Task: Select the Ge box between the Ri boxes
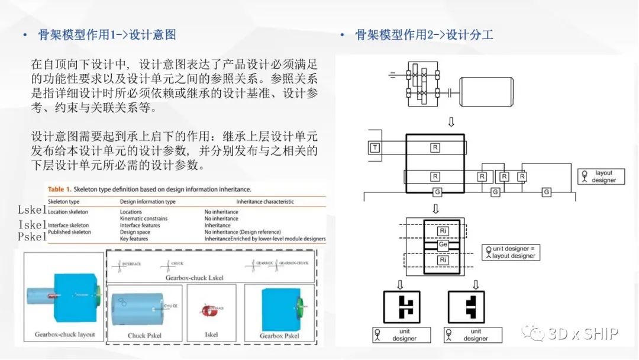443,245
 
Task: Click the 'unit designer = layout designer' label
509,252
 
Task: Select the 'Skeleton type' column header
63,202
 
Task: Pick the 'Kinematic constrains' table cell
143,218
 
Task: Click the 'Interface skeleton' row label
68,226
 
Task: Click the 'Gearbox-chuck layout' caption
64,335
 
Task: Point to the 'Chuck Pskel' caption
144,336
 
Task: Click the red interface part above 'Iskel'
211,309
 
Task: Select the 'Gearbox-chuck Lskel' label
195,278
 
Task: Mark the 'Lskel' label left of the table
32,210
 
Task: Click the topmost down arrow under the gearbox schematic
451,121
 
